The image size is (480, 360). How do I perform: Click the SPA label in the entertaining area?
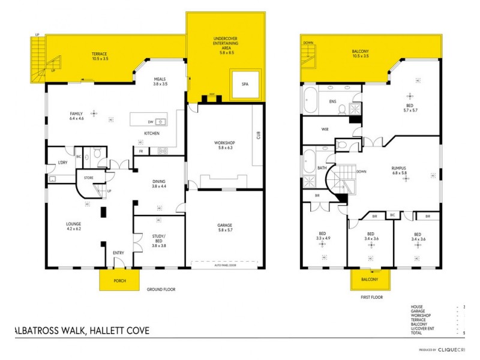(x=245, y=85)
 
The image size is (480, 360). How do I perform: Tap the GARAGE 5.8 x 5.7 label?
(x=225, y=227)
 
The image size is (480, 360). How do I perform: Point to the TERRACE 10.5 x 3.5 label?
(x=99, y=56)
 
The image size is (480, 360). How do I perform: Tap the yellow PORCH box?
(x=119, y=280)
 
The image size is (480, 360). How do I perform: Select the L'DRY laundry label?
(x=62, y=164)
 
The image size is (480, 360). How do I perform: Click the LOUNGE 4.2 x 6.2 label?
(x=73, y=227)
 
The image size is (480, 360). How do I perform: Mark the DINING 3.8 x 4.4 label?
(x=159, y=184)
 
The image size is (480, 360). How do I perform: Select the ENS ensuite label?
(x=332, y=101)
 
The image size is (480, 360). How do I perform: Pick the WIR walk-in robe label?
(x=325, y=128)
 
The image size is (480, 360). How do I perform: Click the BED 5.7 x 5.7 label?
(x=410, y=108)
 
